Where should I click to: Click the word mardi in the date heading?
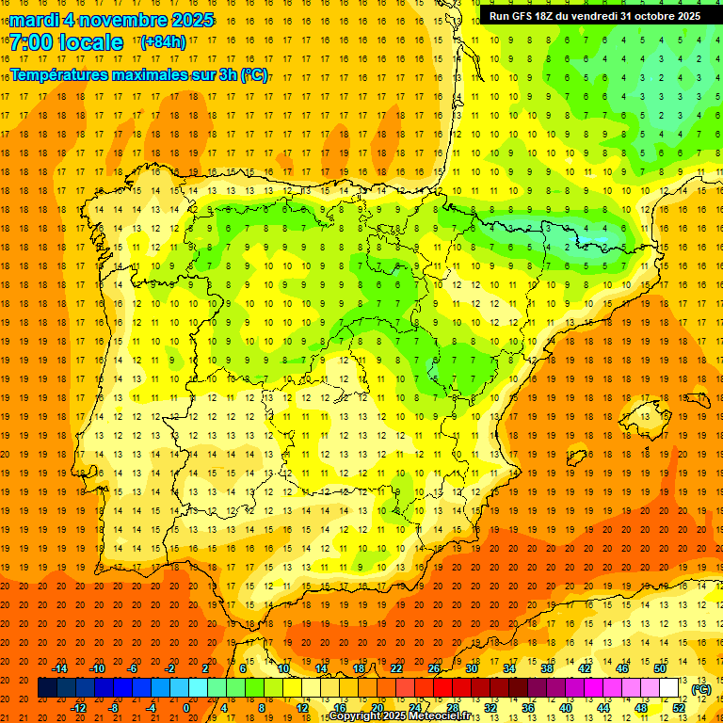point(34,21)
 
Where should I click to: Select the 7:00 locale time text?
point(66,42)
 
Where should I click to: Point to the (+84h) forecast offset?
point(163,42)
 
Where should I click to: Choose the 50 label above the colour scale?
point(661,668)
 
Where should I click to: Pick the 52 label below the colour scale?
point(679,708)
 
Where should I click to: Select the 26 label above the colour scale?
point(434,668)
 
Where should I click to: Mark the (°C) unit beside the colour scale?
point(700,689)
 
